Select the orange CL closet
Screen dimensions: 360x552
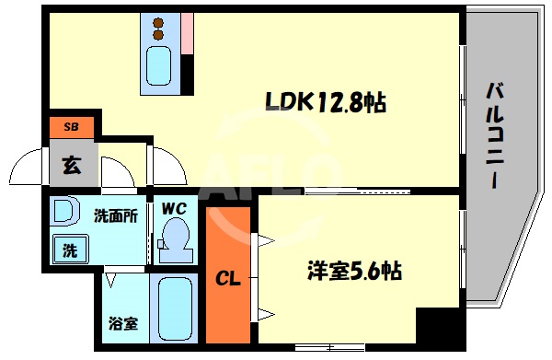point(227,276)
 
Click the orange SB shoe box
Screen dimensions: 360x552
point(69,126)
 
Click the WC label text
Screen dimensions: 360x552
point(173,209)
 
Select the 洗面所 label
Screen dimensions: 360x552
point(116,217)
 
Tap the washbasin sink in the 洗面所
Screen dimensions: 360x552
point(65,213)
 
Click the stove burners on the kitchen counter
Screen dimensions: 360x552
point(158,29)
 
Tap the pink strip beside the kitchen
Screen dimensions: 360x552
point(187,34)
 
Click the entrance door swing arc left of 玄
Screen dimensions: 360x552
point(23,170)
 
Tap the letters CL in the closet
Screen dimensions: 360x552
point(227,277)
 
